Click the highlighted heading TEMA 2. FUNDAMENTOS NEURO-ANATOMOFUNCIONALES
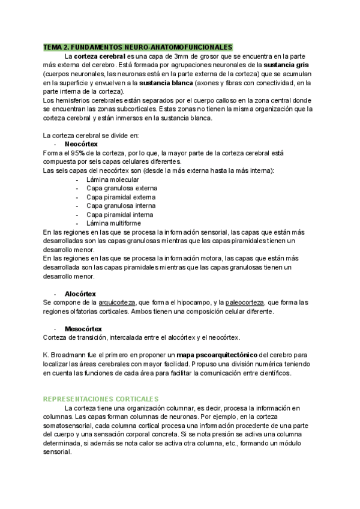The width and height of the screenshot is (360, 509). point(137,47)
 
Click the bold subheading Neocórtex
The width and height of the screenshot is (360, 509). point(81,145)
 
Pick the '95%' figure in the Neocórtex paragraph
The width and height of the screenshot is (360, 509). point(74,153)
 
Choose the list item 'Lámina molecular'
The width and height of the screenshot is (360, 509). point(112,179)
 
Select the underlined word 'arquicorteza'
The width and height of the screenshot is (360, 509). point(117,303)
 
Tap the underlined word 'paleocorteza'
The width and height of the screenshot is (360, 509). point(245,303)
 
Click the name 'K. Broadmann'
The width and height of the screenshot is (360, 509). point(65,355)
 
